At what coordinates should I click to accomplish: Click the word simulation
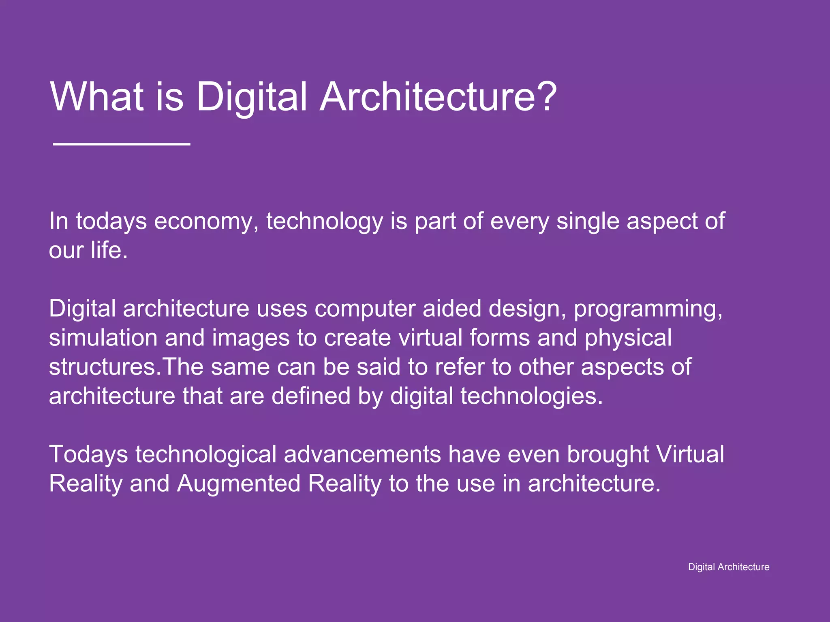(x=103, y=338)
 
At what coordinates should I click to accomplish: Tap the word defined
(x=310, y=396)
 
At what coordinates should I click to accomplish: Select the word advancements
(x=362, y=454)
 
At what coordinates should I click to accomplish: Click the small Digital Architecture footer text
(x=728, y=567)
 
